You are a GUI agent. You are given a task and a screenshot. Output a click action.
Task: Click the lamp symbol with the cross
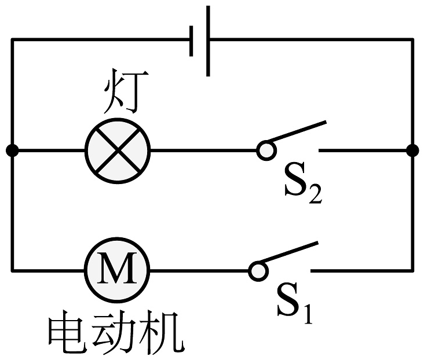[x=118, y=150]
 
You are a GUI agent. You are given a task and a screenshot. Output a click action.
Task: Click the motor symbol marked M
[x=118, y=270]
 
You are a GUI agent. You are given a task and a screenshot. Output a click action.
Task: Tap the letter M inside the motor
[x=118, y=270]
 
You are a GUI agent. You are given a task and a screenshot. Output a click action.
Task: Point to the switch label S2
[x=302, y=186]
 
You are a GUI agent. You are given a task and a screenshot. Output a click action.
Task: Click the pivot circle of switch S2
[x=265, y=150]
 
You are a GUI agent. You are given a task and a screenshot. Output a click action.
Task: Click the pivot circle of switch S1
[x=258, y=270]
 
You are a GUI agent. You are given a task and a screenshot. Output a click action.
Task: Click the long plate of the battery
[x=208, y=41]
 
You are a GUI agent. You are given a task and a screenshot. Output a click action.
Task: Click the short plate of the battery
[x=191, y=41]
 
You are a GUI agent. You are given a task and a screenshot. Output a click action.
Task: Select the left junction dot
[x=12, y=150]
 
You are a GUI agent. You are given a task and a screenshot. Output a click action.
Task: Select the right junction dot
[x=412, y=150]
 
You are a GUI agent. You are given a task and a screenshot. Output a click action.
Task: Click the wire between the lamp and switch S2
[x=203, y=150]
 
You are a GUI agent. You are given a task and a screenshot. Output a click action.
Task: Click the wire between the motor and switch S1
[x=200, y=270]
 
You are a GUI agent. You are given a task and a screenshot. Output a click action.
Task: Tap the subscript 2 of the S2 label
[x=315, y=195]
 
